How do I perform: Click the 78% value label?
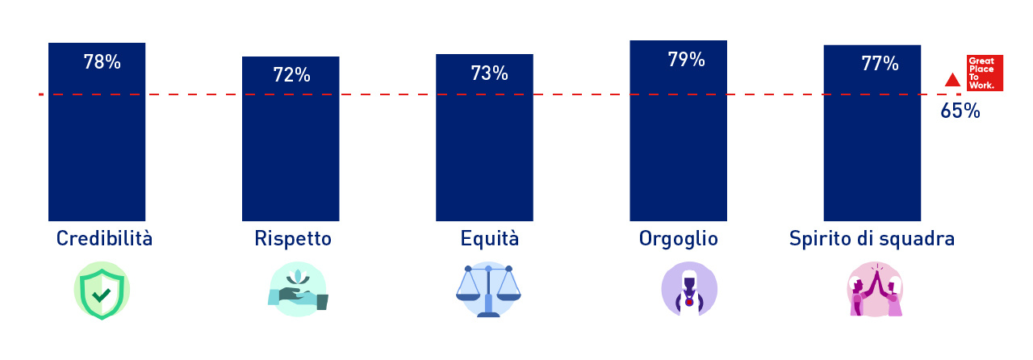(x=102, y=62)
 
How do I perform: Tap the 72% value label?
(x=291, y=75)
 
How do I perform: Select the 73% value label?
(x=489, y=73)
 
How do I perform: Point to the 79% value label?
(x=686, y=59)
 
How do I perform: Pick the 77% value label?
(x=880, y=63)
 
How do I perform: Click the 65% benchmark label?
(x=960, y=111)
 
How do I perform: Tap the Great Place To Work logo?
(x=985, y=73)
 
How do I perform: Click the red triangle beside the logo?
(x=952, y=80)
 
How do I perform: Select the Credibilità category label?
(x=104, y=239)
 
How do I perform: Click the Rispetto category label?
(x=293, y=239)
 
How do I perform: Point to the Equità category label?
(x=489, y=239)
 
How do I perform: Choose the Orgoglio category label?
(x=679, y=240)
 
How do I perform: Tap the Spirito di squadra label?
(x=872, y=239)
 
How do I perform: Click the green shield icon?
(x=102, y=291)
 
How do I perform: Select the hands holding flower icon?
(x=298, y=290)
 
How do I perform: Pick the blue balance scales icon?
(x=488, y=290)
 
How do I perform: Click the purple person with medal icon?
(x=689, y=289)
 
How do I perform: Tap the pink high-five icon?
(x=876, y=290)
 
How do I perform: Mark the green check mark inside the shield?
(x=102, y=295)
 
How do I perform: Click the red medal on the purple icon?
(x=689, y=303)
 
